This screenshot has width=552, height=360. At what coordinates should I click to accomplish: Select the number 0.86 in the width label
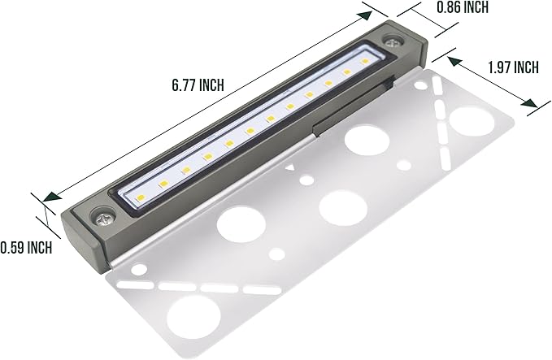pos(429,8)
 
